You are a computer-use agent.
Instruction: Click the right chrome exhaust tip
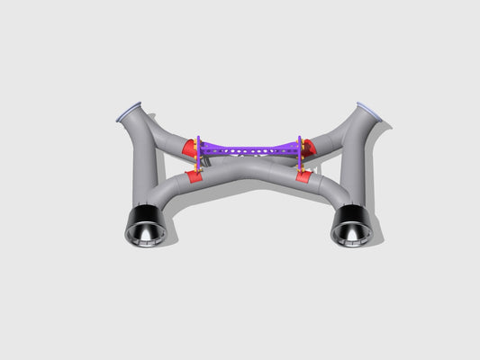coord(351,231)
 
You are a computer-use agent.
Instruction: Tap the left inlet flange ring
coord(130,111)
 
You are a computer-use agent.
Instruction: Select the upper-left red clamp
coord(188,147)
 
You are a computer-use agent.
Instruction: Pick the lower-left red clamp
coord(195,176)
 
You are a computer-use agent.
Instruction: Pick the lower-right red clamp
coord(303,176)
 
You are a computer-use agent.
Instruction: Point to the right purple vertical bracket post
coord(299,153)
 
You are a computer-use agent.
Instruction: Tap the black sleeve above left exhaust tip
coord(144,216)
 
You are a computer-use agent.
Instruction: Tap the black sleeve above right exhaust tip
coord(350,216)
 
